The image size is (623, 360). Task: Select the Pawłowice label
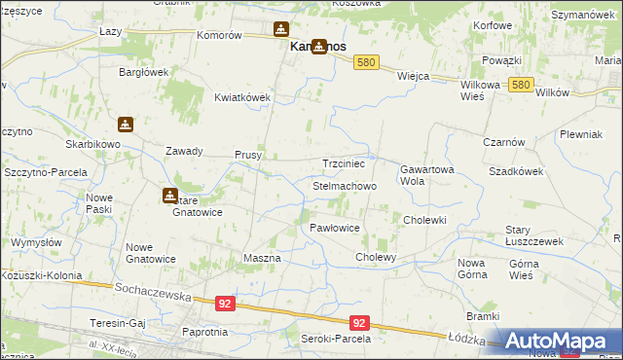(335, 227)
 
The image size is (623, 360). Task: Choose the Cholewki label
(424, 220)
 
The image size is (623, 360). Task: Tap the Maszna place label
(261, 258)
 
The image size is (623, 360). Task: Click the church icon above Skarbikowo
(126, 125)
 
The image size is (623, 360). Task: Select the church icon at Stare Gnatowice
(169, 196)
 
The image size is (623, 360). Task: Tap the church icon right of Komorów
(281, 31)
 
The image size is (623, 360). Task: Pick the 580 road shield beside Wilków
(520, 86)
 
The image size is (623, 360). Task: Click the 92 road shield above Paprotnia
(225, 304)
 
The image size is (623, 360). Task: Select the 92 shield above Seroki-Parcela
(359, 323)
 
